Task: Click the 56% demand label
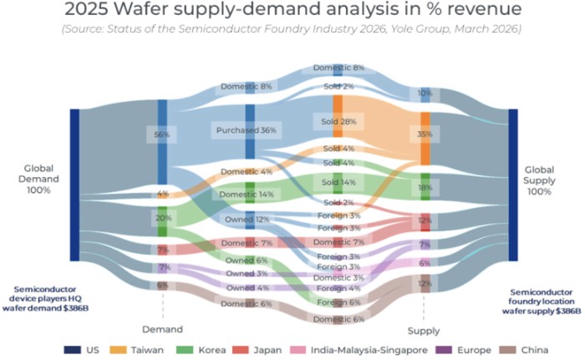coord(162,134)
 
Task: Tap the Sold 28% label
coord(338,122)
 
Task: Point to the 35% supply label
coord(425,133)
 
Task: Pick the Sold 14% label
coord(338,181)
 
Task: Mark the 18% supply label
coord(425,189)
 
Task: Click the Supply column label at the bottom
coord(426,329)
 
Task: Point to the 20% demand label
coord(162,218)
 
